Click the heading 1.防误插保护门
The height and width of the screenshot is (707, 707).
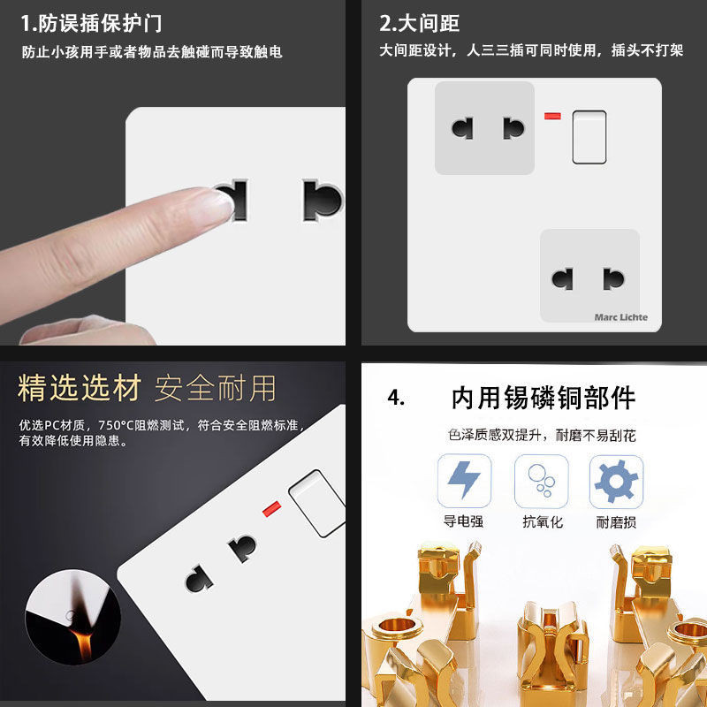point(91,24)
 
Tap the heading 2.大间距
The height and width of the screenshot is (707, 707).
point(419,24)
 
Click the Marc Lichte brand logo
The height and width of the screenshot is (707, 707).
point(621,317)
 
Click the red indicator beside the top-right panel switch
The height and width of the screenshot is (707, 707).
point(552,117)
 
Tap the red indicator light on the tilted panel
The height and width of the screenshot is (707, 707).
point(272,509)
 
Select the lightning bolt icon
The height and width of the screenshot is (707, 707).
point(464,480)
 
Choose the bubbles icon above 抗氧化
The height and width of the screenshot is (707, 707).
point(541,481)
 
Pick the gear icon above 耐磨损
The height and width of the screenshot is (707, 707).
point(616,481)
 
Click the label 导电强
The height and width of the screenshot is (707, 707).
point(463,521)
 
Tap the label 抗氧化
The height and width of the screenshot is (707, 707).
point(543,521)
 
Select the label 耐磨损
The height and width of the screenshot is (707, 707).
point(616,522)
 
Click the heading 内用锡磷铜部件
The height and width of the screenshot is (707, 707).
point(544,398)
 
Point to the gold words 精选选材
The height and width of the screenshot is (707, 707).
point(80,388)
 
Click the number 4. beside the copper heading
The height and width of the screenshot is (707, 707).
point(396,398)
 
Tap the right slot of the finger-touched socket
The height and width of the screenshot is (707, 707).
point(322,201)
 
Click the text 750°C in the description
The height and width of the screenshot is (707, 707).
point(117,425)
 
